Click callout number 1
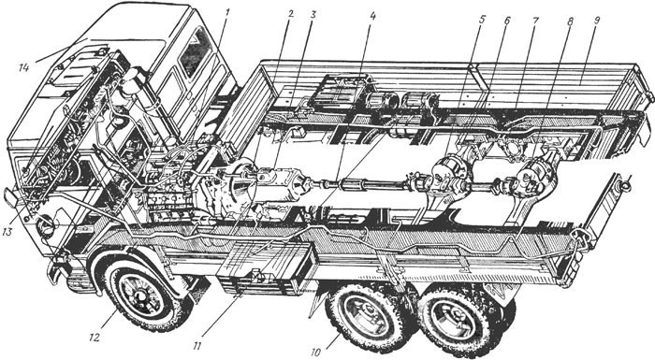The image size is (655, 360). tap(226, 13)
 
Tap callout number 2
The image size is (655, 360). tap(291, 14)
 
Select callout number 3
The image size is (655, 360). tap(313, 14)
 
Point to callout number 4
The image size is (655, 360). tap(373, 16)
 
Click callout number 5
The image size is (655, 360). tap(483, 20)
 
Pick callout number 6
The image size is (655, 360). tap(507, 20)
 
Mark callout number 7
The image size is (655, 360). tap(536, 21)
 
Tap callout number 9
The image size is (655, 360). tap(596, 22)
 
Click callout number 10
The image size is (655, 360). tap(316, 353)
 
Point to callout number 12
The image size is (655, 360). tap(95, 338)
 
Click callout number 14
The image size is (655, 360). tap(23, 66)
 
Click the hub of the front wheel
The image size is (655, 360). tap(140, 295)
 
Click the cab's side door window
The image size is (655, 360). tap(195, 52)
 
